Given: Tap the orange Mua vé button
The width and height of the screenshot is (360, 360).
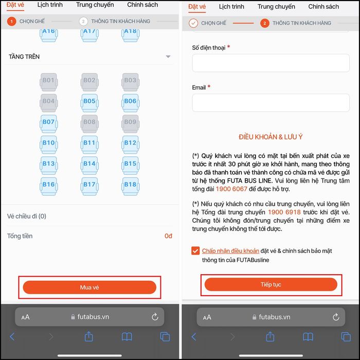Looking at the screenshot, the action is coord(89,287).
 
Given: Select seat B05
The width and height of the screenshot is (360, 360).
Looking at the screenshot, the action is coord(89,103).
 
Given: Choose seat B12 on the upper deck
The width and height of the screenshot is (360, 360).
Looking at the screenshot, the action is coord(131,145).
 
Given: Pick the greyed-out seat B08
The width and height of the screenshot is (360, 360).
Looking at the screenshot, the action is coord(89,124).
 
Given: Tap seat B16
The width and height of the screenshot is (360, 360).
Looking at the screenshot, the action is coord(49,186).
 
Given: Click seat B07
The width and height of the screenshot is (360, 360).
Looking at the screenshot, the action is coord(49,124).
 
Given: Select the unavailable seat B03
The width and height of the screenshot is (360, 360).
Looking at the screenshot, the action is coord(131,82).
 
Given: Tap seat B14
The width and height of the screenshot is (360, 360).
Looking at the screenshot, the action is coord(89,166).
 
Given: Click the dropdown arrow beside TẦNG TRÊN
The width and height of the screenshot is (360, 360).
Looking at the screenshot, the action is coord(168,57).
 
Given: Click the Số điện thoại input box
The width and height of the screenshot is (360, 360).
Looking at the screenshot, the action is coord(271,63).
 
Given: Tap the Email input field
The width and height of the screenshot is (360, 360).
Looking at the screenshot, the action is coord(271,103).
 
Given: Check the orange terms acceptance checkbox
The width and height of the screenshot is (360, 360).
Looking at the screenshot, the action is coord(195,251).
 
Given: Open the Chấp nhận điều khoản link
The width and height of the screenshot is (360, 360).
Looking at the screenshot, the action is coord(230,251).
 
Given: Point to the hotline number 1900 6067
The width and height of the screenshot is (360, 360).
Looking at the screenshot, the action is coord(231,189).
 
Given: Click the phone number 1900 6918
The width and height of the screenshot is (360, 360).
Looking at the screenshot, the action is coord(284,212).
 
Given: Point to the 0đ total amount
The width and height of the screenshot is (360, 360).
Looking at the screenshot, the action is coord(168,236).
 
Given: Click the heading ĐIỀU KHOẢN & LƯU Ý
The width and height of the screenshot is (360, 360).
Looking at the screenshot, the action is coord(271,137).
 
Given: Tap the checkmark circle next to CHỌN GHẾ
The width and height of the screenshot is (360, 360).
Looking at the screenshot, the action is coord(193,23).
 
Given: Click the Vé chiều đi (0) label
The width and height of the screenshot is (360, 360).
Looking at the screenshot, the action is coord(27,217).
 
